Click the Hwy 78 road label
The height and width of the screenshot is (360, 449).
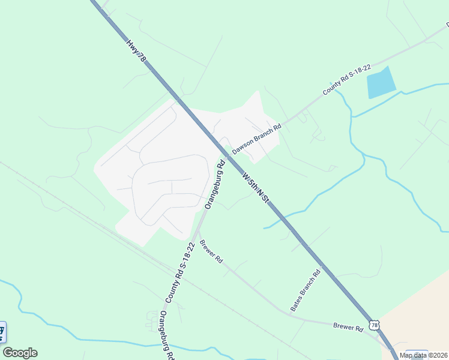pos(136,51)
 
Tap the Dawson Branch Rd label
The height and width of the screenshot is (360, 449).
pos(256,139)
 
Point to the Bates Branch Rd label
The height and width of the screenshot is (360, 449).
pos(306,290)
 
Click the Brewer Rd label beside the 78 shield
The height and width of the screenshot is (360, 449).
pos(349,328)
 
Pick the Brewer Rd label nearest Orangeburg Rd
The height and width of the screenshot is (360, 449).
pos(211,252)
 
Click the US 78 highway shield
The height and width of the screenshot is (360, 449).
pos(374,325)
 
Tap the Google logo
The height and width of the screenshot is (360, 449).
pos(20,353)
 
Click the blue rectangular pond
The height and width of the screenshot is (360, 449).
pos(381,83)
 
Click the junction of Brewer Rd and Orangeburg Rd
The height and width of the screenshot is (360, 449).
pos(197,232)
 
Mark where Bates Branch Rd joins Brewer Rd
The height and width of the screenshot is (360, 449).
pos(290,314)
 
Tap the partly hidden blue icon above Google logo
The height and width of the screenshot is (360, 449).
pos(2,331)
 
